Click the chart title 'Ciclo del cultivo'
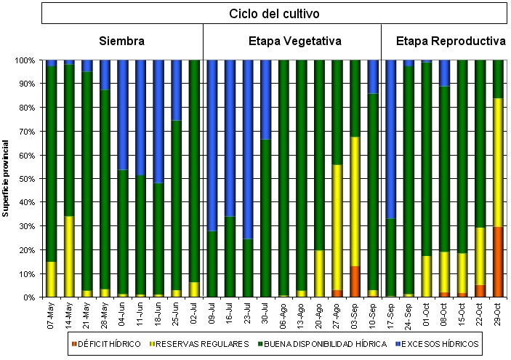tap(274, 13)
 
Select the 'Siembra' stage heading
tap(121, 41)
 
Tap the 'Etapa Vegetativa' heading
tap(292, 41)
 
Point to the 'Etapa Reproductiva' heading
tap(451, 41)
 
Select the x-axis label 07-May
tap(51, 314)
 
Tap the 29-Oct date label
tap(499, 314)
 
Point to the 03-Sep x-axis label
tap(355, 314)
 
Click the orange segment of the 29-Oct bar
tap(499, 262)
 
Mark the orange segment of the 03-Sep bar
tap(355, 281)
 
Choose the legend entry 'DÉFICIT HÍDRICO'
tap(106, 343)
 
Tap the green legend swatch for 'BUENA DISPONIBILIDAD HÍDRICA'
tap(260, 343)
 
